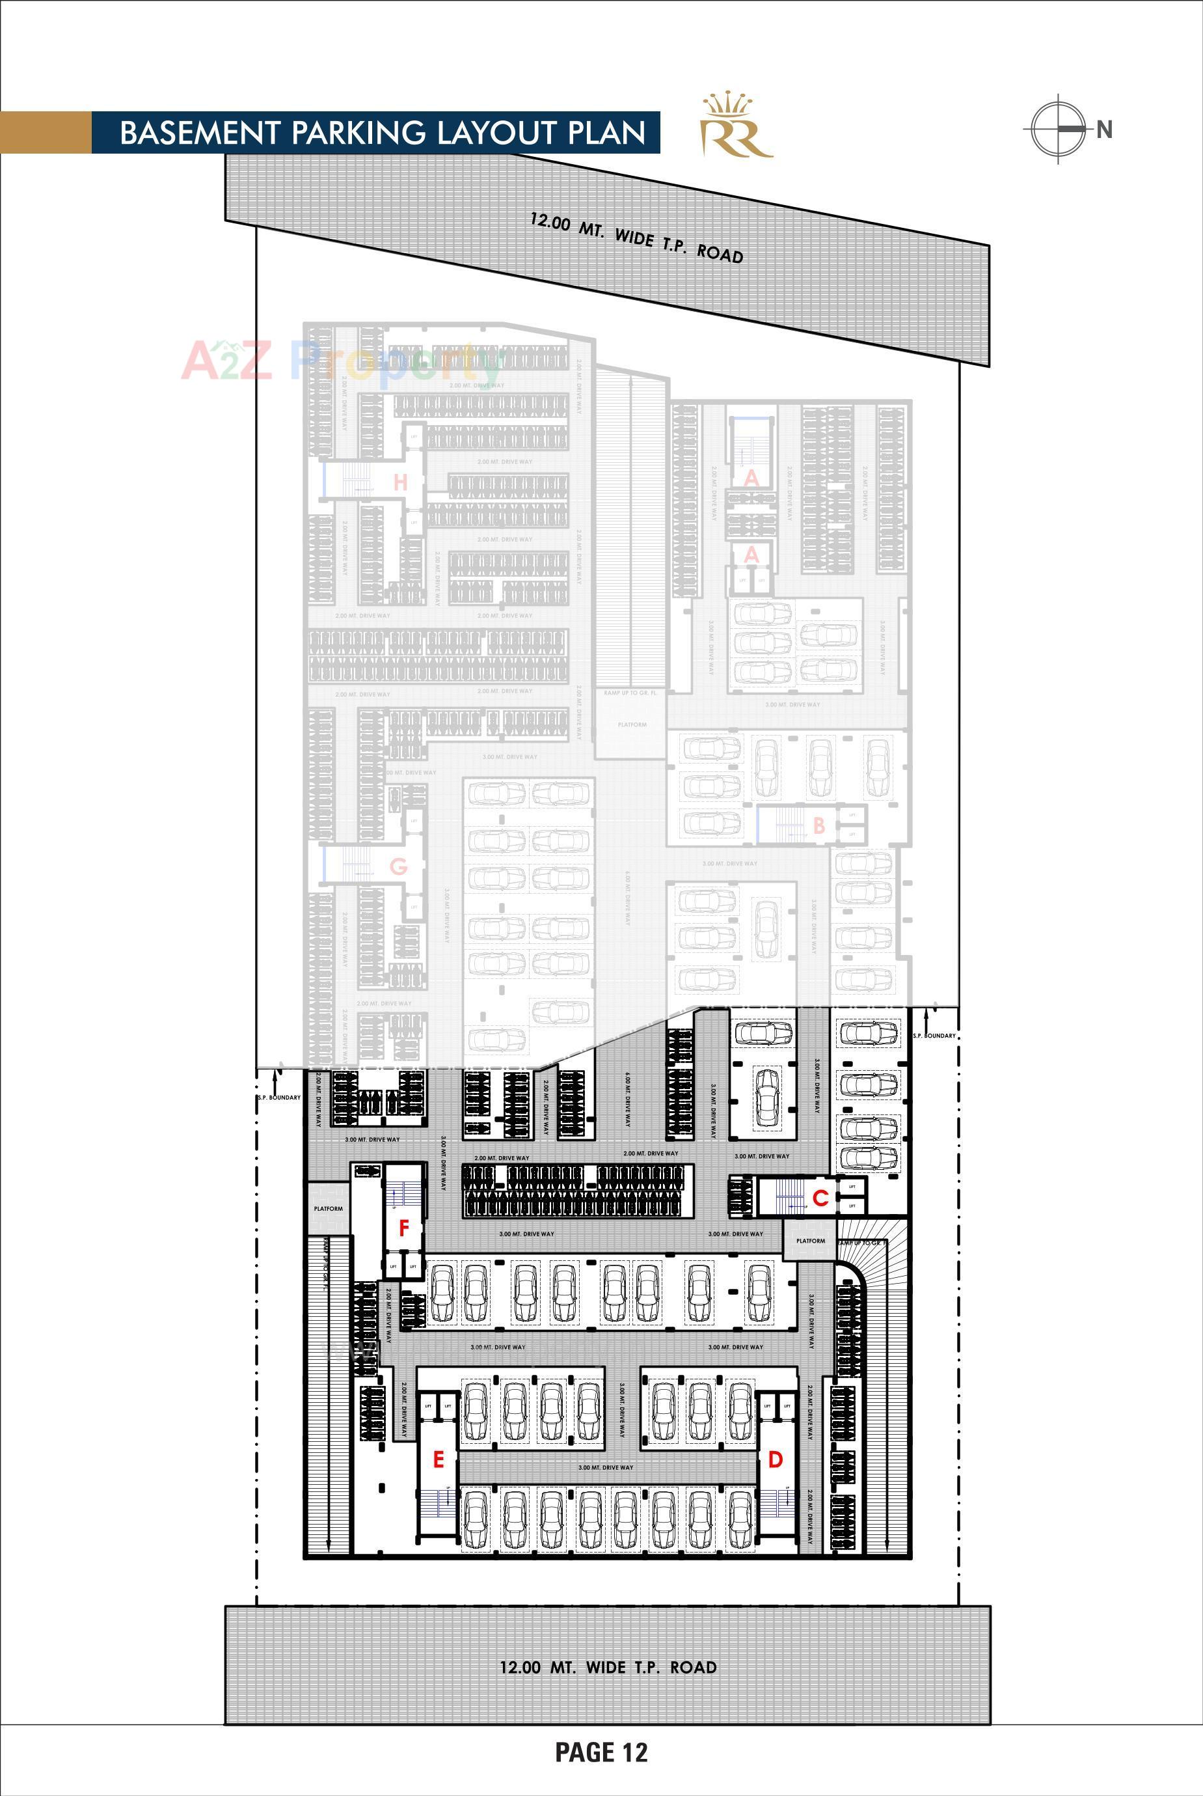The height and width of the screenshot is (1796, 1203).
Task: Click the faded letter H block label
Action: (399, 483)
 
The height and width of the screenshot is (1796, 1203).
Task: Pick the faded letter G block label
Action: (398, 867)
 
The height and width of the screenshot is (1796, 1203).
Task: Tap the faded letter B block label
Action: (818, 826)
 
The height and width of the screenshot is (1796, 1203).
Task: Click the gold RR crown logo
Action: (735, 127)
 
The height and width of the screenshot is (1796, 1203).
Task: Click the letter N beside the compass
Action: (1104, 130)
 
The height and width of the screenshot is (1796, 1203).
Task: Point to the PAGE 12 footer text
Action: (601, 1752)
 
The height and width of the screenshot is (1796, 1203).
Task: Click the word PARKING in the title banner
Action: (358, 133)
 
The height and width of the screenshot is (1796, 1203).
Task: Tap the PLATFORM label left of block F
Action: (329, 1209)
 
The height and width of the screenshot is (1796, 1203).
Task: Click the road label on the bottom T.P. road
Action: (608, 1667)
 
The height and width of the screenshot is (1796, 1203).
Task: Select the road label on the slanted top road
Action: (637, 238)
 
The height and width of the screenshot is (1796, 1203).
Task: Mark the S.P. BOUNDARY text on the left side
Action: (279, 1098)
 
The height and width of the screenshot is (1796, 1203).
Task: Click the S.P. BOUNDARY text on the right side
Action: (934, 1036)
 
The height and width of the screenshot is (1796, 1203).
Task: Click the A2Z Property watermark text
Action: (338, 361)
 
